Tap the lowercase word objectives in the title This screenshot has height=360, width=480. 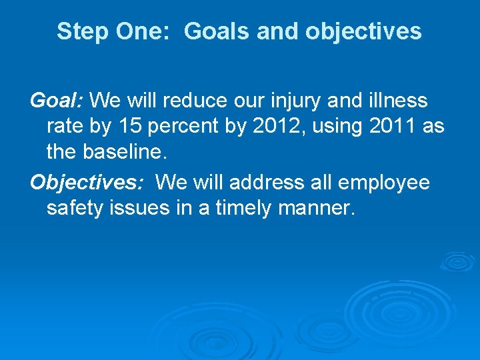pos(363,31)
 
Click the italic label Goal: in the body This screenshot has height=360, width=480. pos(57,101)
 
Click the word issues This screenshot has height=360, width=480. pos(142,208)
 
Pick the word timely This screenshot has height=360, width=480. pos(247,208)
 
